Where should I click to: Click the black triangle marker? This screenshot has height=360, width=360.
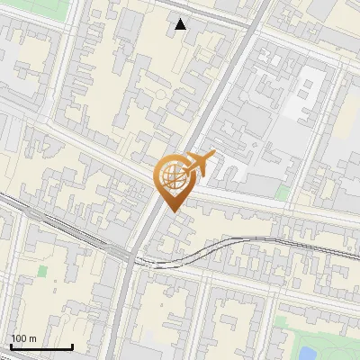point(181,24)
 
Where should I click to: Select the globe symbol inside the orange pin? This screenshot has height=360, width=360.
point(173,179)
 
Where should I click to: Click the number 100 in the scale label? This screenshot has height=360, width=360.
point(18,338)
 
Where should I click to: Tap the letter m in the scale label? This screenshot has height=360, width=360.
point(31,338)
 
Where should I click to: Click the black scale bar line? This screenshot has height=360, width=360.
point(41,346)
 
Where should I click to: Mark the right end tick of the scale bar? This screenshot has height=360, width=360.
point(72,345)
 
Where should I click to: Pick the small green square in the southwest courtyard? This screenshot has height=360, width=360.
point(42,295)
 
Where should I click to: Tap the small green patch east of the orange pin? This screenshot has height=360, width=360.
point(283,193)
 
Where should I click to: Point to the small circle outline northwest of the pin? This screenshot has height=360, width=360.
point(160,94)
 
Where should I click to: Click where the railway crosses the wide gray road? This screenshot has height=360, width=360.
point(135,261)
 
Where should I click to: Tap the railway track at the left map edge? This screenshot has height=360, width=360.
point(4,199)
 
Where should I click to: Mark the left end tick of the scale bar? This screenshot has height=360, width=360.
point(10,345)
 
